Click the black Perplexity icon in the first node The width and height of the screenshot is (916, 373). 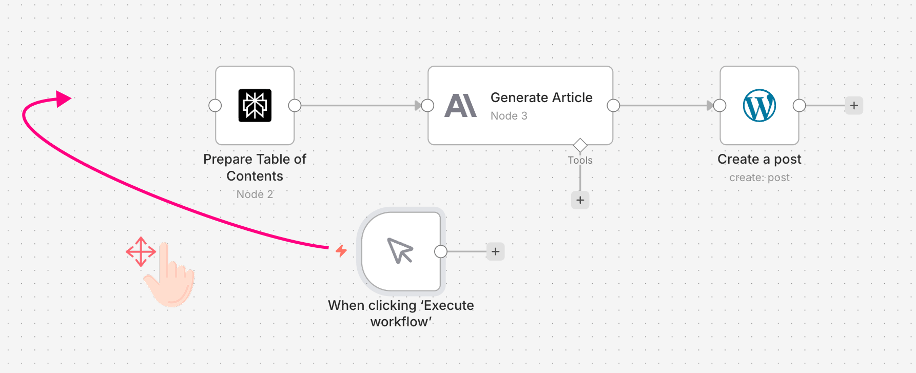coord(255,106)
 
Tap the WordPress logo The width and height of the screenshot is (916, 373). coord(759,106)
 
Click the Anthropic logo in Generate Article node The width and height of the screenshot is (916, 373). coord(460,106)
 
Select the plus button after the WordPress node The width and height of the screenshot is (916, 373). coord(854,106)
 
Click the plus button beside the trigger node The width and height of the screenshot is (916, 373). coord(495,251)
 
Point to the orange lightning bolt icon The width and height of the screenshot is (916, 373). coord(341,251)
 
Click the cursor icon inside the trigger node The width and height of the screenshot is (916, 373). coord(400,251)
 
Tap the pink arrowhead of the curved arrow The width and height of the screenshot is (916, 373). coord(63,99)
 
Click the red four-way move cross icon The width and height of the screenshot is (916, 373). coord(141,252)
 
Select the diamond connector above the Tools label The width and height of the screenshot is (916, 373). coord(580,145)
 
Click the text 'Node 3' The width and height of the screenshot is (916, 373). coord(509,116)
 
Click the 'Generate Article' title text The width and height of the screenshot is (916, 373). coord(541,97)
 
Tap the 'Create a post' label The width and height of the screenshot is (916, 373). coord(759,159)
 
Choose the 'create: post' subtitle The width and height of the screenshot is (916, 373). coord(759,178)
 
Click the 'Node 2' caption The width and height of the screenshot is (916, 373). coord(255,194)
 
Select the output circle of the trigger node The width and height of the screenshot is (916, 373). coord(440,251)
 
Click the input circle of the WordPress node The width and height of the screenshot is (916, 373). coord(719,106)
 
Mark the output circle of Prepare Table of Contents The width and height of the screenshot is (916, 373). coord(295,106)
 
